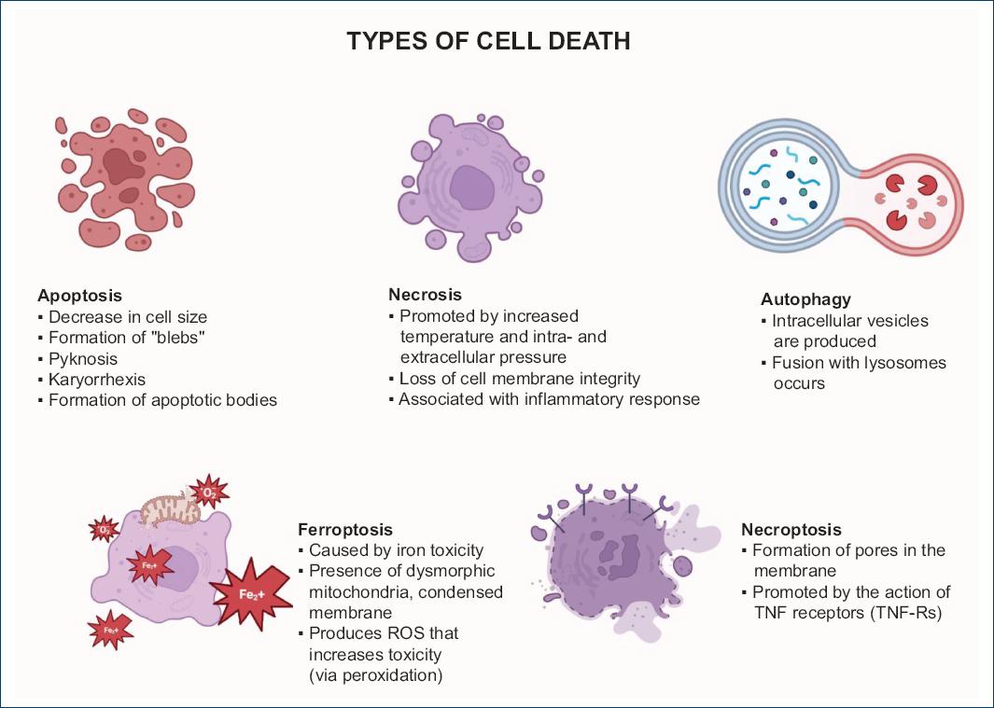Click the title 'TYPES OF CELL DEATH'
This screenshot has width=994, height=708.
[488, 41]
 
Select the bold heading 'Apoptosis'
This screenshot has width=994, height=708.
[79, 296]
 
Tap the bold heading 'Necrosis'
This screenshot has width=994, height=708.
[425, 295]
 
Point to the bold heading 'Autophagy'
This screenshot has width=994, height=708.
[805, 299]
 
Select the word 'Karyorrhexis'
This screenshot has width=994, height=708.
[96, 380]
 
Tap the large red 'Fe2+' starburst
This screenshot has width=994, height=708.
[247, 589]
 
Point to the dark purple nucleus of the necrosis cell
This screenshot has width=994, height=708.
[473, 186]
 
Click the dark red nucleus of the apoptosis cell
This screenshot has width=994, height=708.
[119, 166]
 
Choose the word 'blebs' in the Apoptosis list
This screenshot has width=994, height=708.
[177, 338]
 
